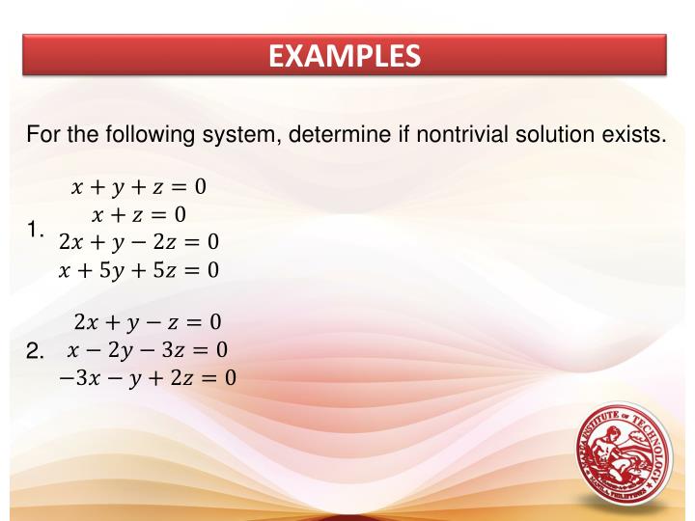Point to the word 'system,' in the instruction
pyautogui.click(x=238, y=133)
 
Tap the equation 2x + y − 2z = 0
pyautogui.click(x=139, y=240)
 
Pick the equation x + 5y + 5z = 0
pyautogui.click(x=139, y=269)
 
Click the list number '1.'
pyautogui.click(x=39, y=230)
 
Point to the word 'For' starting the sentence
pyautogui.click(x=43, y=133)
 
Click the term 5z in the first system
pyautogui.click(x=165, y=269)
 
